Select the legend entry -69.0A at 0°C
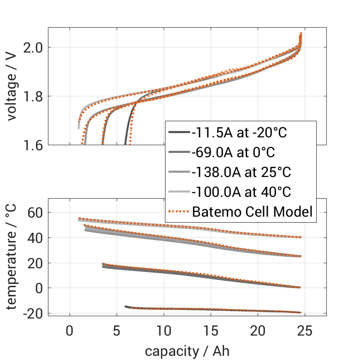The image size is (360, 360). [234, 153]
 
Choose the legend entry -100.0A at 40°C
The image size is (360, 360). [241, 192]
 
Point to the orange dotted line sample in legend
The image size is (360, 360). [178, 212]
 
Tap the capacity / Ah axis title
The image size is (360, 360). [187, 351]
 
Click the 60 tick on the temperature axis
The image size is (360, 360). [35, 212]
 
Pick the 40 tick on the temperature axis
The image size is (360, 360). [35, 238]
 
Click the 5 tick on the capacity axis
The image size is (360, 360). [117, 330]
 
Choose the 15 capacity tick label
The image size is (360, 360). [211, 330]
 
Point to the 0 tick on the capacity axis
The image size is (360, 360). [70, 330]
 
